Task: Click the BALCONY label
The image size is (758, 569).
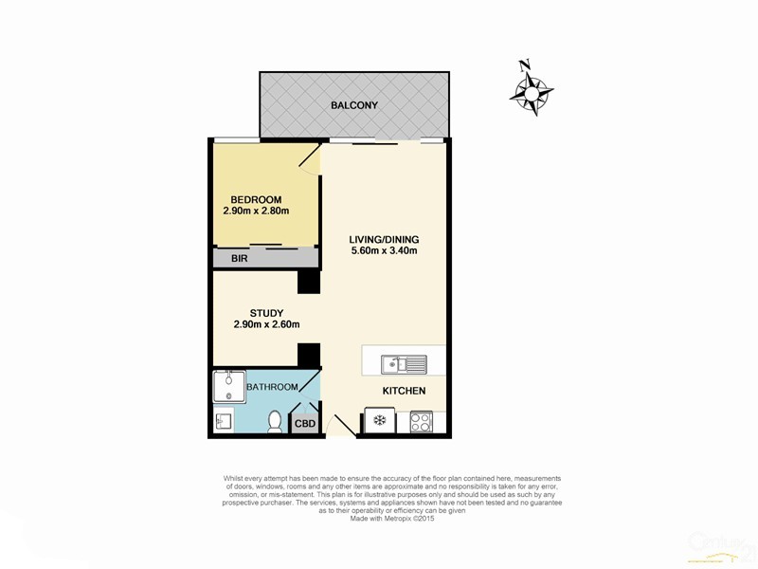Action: click(354, 105)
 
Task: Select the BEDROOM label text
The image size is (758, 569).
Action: click(255, 199)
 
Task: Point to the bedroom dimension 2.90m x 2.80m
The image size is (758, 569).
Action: click(255, 211)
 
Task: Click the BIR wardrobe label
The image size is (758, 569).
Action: click(226, 257)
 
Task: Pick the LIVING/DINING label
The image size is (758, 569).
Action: click(383, 239)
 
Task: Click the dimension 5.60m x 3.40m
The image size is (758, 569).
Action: click(383, 251)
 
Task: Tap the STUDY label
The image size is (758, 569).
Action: click(266, 313)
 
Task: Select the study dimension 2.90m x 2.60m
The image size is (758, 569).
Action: click(266, 325)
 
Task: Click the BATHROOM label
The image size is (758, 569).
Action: click(272, 387)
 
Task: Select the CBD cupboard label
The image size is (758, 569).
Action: click(305, 424)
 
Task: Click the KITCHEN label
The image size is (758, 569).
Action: click(404, 391)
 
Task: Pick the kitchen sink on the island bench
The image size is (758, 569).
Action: click(404, 363)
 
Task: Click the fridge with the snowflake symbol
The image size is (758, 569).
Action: click(379, 421)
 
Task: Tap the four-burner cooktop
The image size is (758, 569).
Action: click(421, 421)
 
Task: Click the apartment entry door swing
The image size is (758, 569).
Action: click(341, 425)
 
